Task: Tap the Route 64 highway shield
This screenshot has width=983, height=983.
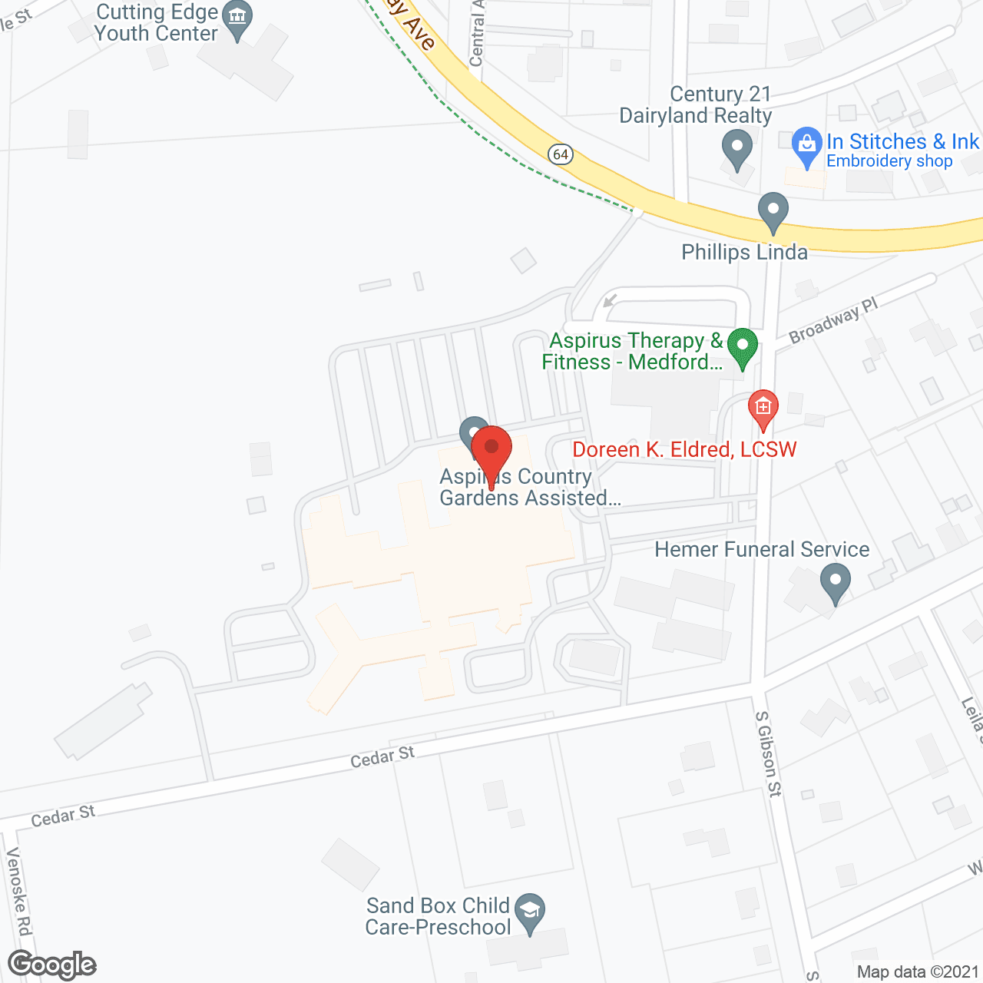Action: coord(561,154)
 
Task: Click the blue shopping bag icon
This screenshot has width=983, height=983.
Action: coord(806,145)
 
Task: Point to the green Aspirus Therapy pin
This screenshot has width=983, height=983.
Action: coord(742,347)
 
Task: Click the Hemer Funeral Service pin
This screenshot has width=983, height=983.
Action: coord(836,581)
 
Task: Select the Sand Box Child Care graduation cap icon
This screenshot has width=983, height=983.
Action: coord(530,912)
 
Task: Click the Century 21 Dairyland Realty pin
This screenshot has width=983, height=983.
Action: coord(737,148)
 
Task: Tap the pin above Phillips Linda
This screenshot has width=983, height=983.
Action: coord(773,211)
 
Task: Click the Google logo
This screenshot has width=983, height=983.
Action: coord(52,965)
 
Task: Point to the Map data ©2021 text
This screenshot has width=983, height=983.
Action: coord(918,972)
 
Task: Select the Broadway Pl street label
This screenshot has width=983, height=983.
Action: coord(833,319)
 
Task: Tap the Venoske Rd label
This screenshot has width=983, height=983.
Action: coord(18,891)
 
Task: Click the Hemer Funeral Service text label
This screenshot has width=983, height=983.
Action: coord(762,549)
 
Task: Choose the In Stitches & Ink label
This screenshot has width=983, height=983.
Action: coord(902,141)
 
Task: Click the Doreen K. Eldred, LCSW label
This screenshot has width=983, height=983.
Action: coord(684,449)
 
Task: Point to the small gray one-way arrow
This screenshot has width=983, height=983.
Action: coord(611,300)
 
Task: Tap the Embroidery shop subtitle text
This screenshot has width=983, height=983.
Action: coord(889,161)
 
